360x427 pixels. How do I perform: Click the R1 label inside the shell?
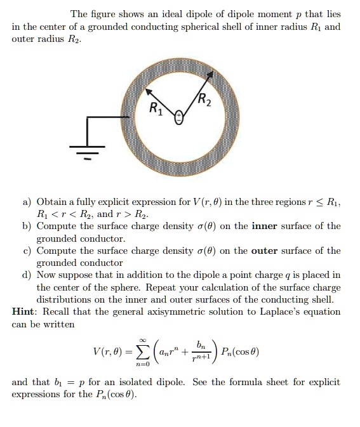[156, 107]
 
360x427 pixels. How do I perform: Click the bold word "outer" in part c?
[265, 251]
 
